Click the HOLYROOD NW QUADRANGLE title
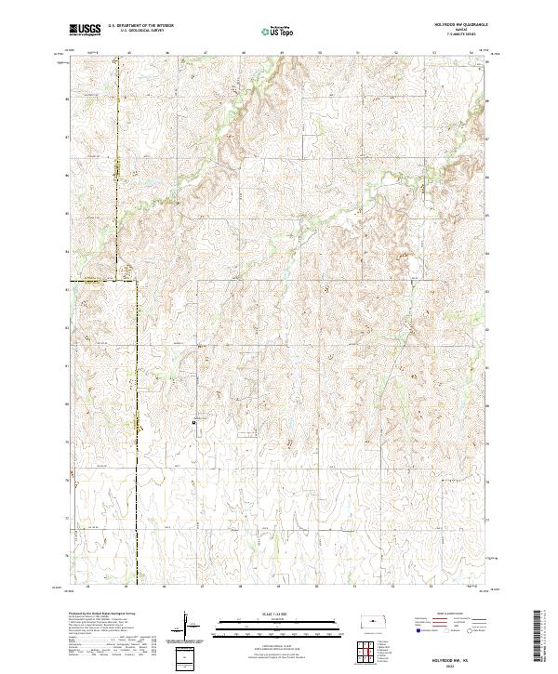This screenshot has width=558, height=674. (459, 25)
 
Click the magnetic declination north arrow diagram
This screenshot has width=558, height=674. (186, 625)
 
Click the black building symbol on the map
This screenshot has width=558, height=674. (193, 422)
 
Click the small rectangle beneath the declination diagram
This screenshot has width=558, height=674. (185, 656)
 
